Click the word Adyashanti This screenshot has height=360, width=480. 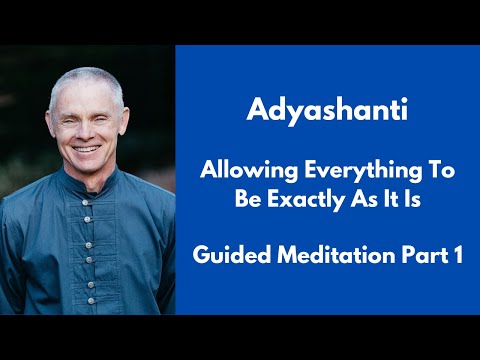tap(326, 107)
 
